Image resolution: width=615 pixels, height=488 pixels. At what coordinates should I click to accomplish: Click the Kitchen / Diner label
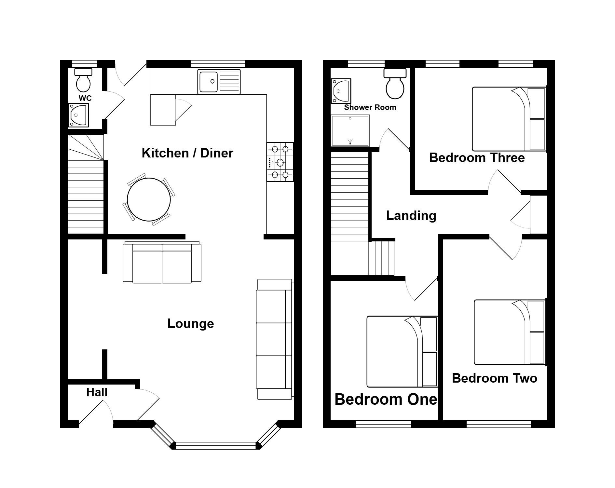pyautogui.click(x=187, y=153)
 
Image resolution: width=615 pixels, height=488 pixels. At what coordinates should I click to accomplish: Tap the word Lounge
pyautogui.click(x=191, y=324)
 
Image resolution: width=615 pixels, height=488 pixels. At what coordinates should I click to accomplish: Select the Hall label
pyautogui.click(x=97, y=392)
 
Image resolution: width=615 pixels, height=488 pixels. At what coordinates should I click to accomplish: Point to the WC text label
pyautogui.click(x=85, y=98)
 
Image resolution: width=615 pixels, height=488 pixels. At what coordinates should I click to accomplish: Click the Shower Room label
pyautogui.click(x=370, y=107)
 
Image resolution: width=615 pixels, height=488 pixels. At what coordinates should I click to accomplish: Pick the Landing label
pyautogui.click(x=411, y=216)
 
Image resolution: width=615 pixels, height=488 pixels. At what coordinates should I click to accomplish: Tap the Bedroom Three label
pyautogui.click(x=477, y=158)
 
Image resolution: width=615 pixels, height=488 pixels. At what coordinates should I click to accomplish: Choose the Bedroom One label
pyautogui.click(x=386, y=399)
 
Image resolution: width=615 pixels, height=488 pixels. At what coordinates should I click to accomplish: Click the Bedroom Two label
pyautogui.click(x=495, y=378)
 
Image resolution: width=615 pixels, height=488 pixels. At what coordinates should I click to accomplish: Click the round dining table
pyautogui.click(x=149, y=199)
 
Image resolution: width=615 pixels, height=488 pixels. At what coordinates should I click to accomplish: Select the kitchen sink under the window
pyautogui.click(x=219, y=82)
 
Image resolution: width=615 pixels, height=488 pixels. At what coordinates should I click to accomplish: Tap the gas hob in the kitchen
pyautogui.click(x=280, y=162)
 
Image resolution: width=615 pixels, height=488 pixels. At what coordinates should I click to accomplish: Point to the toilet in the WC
pyautogui.click(x=83, y=80)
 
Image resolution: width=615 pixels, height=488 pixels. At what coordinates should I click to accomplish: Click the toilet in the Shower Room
pyautogui.click(x=395, y=84)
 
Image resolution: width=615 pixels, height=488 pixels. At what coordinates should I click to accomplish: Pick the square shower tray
pyautogui.click(x=350, y=131)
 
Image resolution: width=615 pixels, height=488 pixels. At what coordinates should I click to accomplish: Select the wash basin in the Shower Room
pyautogui.click(x=341, y=91)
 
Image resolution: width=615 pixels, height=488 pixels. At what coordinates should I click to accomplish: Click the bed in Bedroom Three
pyautogui.click(x=509, y=119)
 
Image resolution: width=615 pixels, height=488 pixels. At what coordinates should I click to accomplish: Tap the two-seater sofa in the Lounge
pyautogui.click(x=162, y=263)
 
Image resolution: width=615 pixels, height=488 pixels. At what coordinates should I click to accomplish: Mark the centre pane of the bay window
pyautogui.click(x=216, y=445)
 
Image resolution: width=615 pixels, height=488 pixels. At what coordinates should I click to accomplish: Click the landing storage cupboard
pyautogui.click(x=539, y=215)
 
